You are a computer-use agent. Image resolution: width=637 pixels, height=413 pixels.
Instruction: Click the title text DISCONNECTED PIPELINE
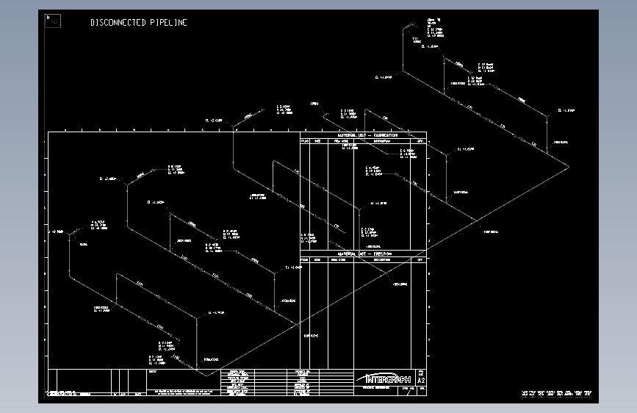tap(139, 23)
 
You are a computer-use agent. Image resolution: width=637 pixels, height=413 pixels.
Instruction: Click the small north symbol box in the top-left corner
tap(53, 21)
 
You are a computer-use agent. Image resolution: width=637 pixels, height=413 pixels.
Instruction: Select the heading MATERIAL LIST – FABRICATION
tap(367, 135)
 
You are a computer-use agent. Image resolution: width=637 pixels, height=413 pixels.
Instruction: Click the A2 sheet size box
tap(421, 381)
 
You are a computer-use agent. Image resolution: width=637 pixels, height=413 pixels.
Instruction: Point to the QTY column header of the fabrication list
tap(420, 140)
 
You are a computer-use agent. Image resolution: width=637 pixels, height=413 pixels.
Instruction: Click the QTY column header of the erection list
tap(420, 259)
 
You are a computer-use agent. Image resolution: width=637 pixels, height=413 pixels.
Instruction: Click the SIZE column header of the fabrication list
tap(317, 140)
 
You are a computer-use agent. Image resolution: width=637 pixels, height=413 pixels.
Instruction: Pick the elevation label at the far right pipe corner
tap(566, 110)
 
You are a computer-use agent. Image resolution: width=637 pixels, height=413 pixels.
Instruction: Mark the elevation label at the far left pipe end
tap(56, 231)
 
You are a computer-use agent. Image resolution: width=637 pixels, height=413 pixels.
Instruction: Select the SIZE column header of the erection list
tap(317, 259)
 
